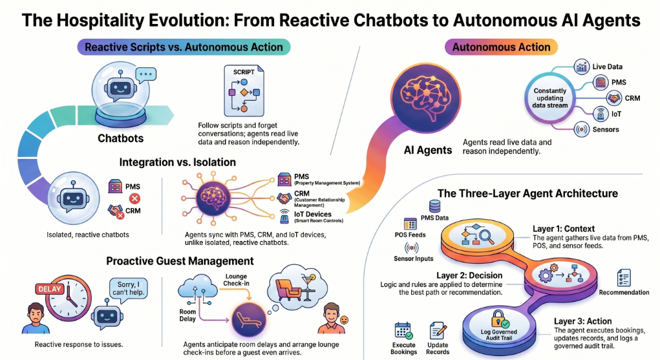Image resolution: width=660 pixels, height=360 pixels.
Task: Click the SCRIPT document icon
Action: point(244,90)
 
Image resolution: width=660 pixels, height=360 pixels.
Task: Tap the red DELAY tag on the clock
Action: point(50,289)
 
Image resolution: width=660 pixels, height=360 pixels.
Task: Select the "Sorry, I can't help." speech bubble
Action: point(129,288)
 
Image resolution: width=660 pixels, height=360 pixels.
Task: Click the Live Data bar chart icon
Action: point(581,67)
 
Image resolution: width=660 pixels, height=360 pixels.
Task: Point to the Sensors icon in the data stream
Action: point(581,130)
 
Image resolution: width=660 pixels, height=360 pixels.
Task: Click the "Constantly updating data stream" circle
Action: point(549,98)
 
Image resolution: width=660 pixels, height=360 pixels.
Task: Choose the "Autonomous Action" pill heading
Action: point(501,47)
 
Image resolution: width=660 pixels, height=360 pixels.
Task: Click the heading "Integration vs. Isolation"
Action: point(177,162)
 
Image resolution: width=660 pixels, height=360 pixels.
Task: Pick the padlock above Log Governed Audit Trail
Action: point(499,319)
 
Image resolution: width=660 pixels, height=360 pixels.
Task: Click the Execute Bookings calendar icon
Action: point(403,331)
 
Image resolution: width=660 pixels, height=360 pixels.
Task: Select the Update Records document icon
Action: point(438,331)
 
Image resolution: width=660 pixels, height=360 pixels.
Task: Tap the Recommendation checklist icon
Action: point(623,279)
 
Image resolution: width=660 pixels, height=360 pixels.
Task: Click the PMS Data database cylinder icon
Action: point(434,206)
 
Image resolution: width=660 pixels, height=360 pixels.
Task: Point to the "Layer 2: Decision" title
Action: point(469,275)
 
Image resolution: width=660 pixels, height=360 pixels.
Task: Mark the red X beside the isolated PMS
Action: point(134,198)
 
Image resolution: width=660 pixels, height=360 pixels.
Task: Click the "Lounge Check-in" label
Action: point(236,280)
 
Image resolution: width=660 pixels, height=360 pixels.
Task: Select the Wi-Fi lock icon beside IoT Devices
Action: point(284,216)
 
